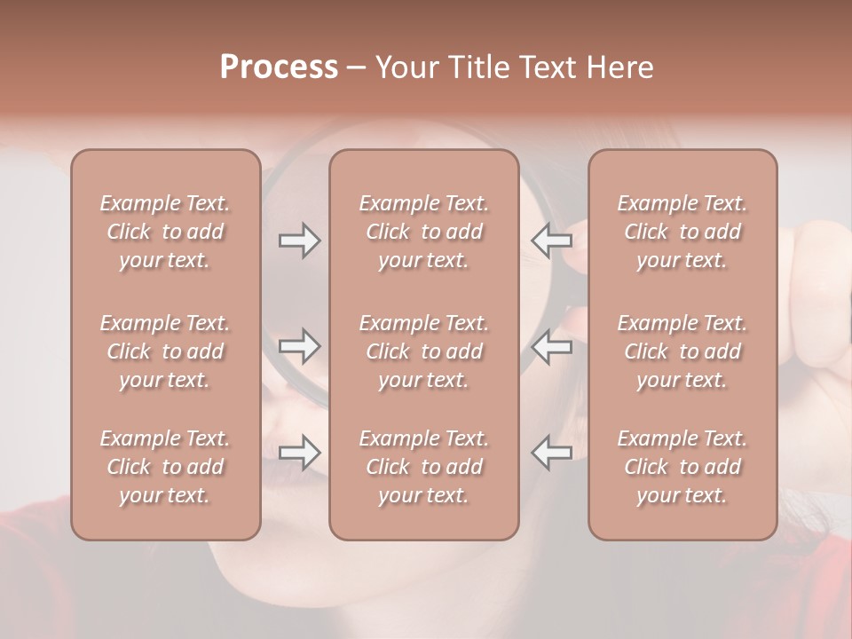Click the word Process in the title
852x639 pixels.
tap(279, 67)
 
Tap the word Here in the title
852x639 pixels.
tap(620, 67)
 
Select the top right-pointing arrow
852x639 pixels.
tap(299, 241)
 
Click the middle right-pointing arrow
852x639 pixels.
tap(299, 346)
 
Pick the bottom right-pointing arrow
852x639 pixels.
tap(299, 453)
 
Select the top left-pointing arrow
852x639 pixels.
tap(551, 241)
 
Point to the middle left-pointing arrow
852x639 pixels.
tap(551, 346)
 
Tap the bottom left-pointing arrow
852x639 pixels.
tap(551, 453)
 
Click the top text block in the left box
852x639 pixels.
tap(165, 232)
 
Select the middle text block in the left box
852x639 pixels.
tap(165, 351)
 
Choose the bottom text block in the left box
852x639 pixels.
tap(165, 467)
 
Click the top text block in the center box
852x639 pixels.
tap(423, 232)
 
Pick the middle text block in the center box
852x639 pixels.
tap(423, 351)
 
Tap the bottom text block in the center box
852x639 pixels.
tap(423, 467)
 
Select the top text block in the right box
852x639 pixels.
tap(682, 232)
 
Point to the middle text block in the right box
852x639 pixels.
tap(682, 351)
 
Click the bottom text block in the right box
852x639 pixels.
tap(682, 467)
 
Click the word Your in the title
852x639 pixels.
tap(407, 67)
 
